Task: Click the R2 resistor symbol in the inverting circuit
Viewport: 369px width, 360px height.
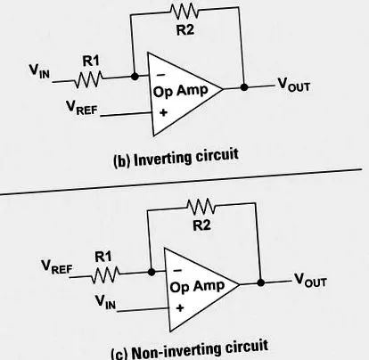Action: pyautogui.click(x=184, y=11)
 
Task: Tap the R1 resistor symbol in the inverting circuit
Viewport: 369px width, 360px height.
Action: pyautogui.click(x=88, y=79)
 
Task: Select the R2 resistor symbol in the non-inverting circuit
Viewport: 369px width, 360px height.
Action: pyautogui.click(x=201, y=206)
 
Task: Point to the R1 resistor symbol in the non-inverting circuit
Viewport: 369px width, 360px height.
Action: pyautogui.click(x=105, y=274)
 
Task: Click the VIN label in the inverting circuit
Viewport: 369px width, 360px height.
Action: pyautogui.click(x=39, y=71)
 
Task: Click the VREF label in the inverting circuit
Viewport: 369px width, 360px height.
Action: pyautogui.click(x=82, y=108)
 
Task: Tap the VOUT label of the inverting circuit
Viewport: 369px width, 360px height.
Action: pyautogui.click(x=293, y=85)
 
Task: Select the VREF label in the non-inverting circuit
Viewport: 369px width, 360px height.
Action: pyautogui.click(x=56, y=266)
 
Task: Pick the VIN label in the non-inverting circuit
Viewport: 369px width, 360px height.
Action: pyautogui.click(x=105, y=302)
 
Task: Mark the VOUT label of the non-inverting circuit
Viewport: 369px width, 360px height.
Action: pyautogui.click(x=310, y=280)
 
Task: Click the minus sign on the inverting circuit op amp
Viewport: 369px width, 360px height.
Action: pyautogui.click(x=160, y=75)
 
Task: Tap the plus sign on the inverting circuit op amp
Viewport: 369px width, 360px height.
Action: pyautogui.click(x=163, y=112)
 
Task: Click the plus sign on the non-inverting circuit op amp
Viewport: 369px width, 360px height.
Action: pyautogui.click(x=180, y=307)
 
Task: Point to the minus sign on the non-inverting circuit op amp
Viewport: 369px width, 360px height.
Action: pyautogui.click(x=177, y=270)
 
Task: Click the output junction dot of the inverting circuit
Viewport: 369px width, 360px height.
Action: pyautogui.click(x=244, y=87)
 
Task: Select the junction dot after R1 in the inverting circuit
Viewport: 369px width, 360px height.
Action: pyautogui.click(x=135, y=77)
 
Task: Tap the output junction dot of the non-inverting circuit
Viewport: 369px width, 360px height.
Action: pyautogui.click(x=261, y=282)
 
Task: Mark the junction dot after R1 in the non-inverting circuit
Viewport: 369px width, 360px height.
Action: pyautogui.click(x=152, y=272)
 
